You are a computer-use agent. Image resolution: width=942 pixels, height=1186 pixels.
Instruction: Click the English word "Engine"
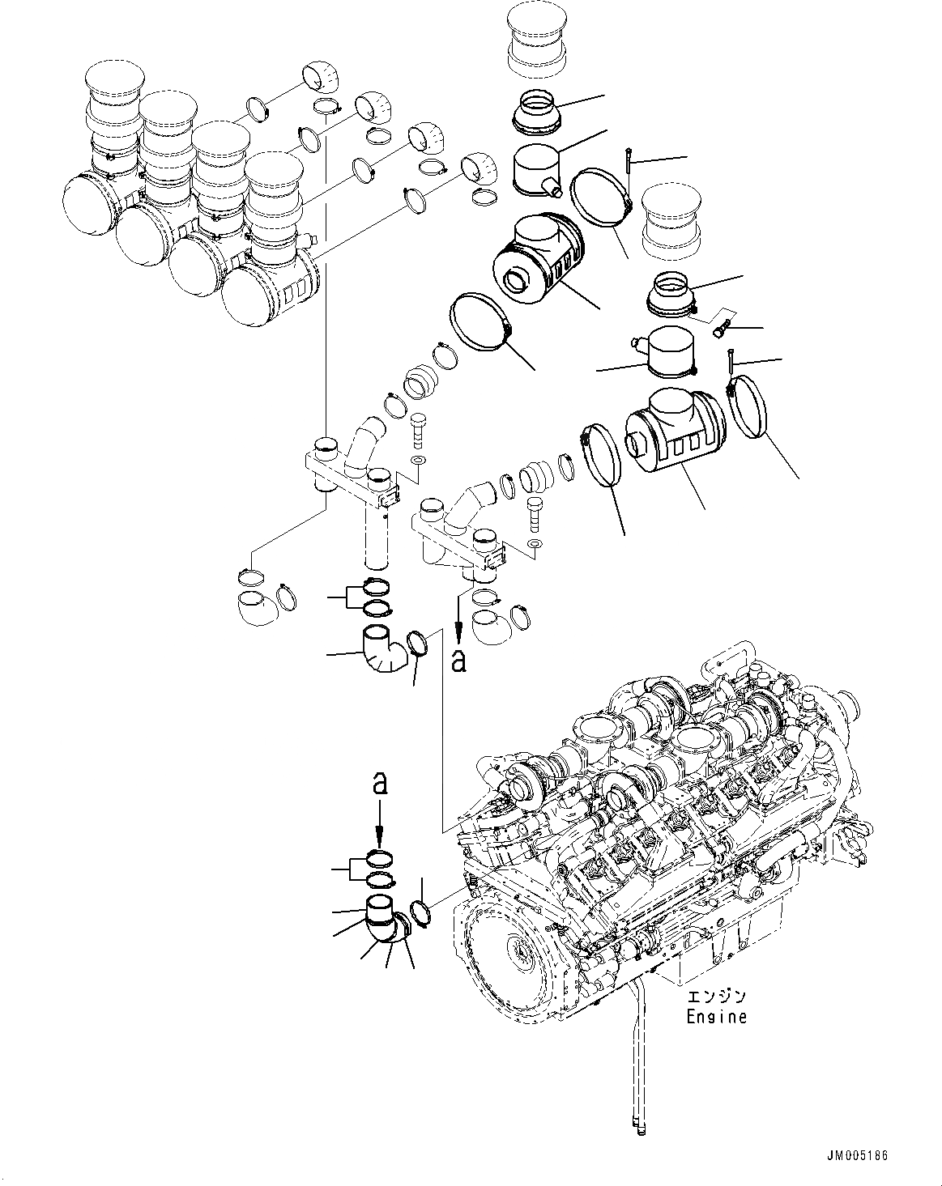pyautogui.click(x=716, y=1016)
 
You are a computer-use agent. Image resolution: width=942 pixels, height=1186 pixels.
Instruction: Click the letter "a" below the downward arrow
pyautogui.click(x=458, y=660)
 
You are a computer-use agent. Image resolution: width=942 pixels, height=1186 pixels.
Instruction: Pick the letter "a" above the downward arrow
pyautogui.click(x=379, y=783)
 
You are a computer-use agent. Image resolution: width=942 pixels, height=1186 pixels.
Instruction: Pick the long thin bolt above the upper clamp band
pyautogui.click(x=629, y=172)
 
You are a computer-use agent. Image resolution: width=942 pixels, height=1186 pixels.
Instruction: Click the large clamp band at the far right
pyautogui.click(x=752, y=409)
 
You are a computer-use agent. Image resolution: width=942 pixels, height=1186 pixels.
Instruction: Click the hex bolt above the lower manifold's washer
pyautogui.click(x=535, y=512)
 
